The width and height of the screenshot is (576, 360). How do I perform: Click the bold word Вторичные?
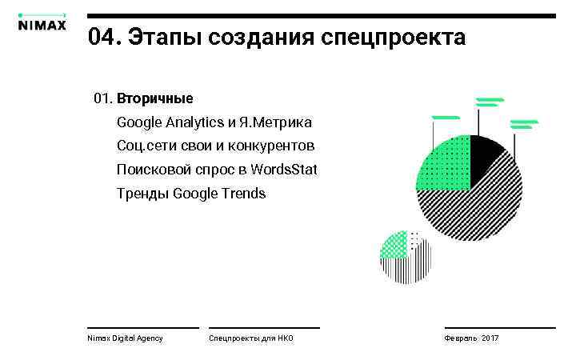[x=154, y=99]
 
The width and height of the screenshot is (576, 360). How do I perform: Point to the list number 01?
[x=102, y=99]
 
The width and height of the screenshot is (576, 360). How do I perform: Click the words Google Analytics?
[x=170, y=122]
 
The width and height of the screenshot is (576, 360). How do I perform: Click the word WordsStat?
[x=283, y=170]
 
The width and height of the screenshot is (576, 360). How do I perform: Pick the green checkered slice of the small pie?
[x=393, y=244]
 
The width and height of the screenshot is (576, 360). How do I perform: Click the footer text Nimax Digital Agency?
[x=125, y=339]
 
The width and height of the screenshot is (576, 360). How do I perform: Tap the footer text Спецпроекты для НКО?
[x=251, y=339]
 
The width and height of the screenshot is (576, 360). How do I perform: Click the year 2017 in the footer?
[x=490, y=339]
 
